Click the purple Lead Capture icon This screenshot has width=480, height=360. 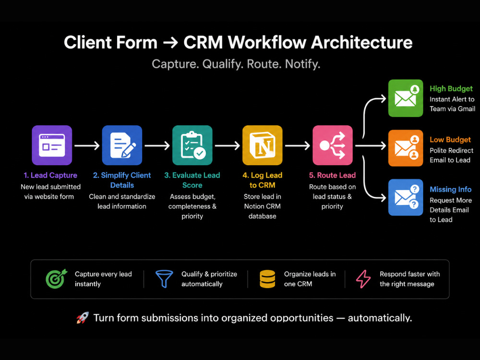click(52, 145)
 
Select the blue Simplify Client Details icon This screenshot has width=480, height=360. click(122, 145)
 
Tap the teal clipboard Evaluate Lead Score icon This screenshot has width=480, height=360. click(192, 145)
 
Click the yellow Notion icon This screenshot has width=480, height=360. click(263, 145)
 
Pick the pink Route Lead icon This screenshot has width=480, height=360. click(333, 145)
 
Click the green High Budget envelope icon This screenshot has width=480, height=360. click(406, 98)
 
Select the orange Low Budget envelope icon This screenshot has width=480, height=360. click(406, 148)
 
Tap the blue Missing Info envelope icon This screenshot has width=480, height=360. click(406, 197)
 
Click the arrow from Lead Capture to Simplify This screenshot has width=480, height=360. click(87, 145)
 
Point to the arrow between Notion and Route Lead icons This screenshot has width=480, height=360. click(298, 145)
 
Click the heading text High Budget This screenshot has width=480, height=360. click(451, 88)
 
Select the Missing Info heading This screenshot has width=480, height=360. click(450, 189)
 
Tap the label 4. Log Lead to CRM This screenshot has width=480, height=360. click(263, 180)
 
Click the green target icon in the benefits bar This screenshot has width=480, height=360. click(56, 278)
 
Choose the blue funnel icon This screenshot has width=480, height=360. click(164, 278)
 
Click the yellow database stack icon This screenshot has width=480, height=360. click(267, 279)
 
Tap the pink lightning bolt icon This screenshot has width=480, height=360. click(363, 279)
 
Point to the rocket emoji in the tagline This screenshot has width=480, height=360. click(83, 318)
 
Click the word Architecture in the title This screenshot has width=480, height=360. click(362, 42)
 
